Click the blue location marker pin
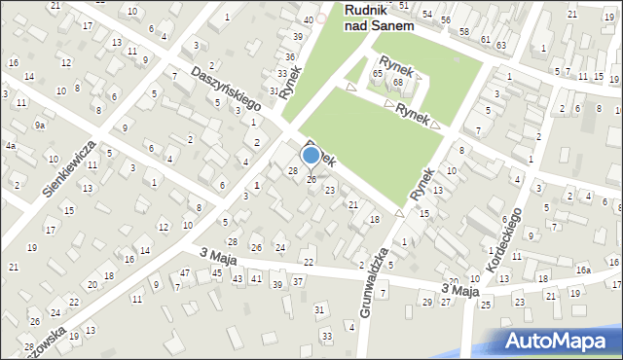point(311,155)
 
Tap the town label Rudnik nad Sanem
point(379,18)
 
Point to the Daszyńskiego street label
point(227,94)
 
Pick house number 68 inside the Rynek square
point(397,82)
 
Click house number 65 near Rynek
point(377,74)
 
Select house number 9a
point(40,126)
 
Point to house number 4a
point(10,146)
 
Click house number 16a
point(582,270)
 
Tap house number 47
point(185,273)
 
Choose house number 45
point(217,273)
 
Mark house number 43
point(238,279)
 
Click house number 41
point(256,278)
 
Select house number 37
point(298,281)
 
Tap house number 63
point(500,45)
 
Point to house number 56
point(445,19)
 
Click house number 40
point(309,19)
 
